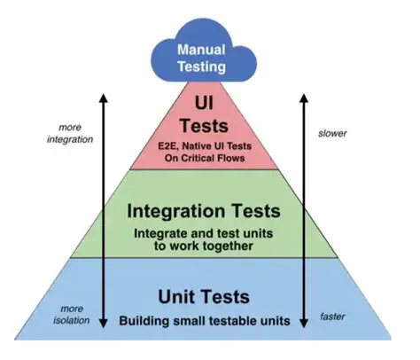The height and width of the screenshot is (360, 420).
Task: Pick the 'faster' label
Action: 333,314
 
